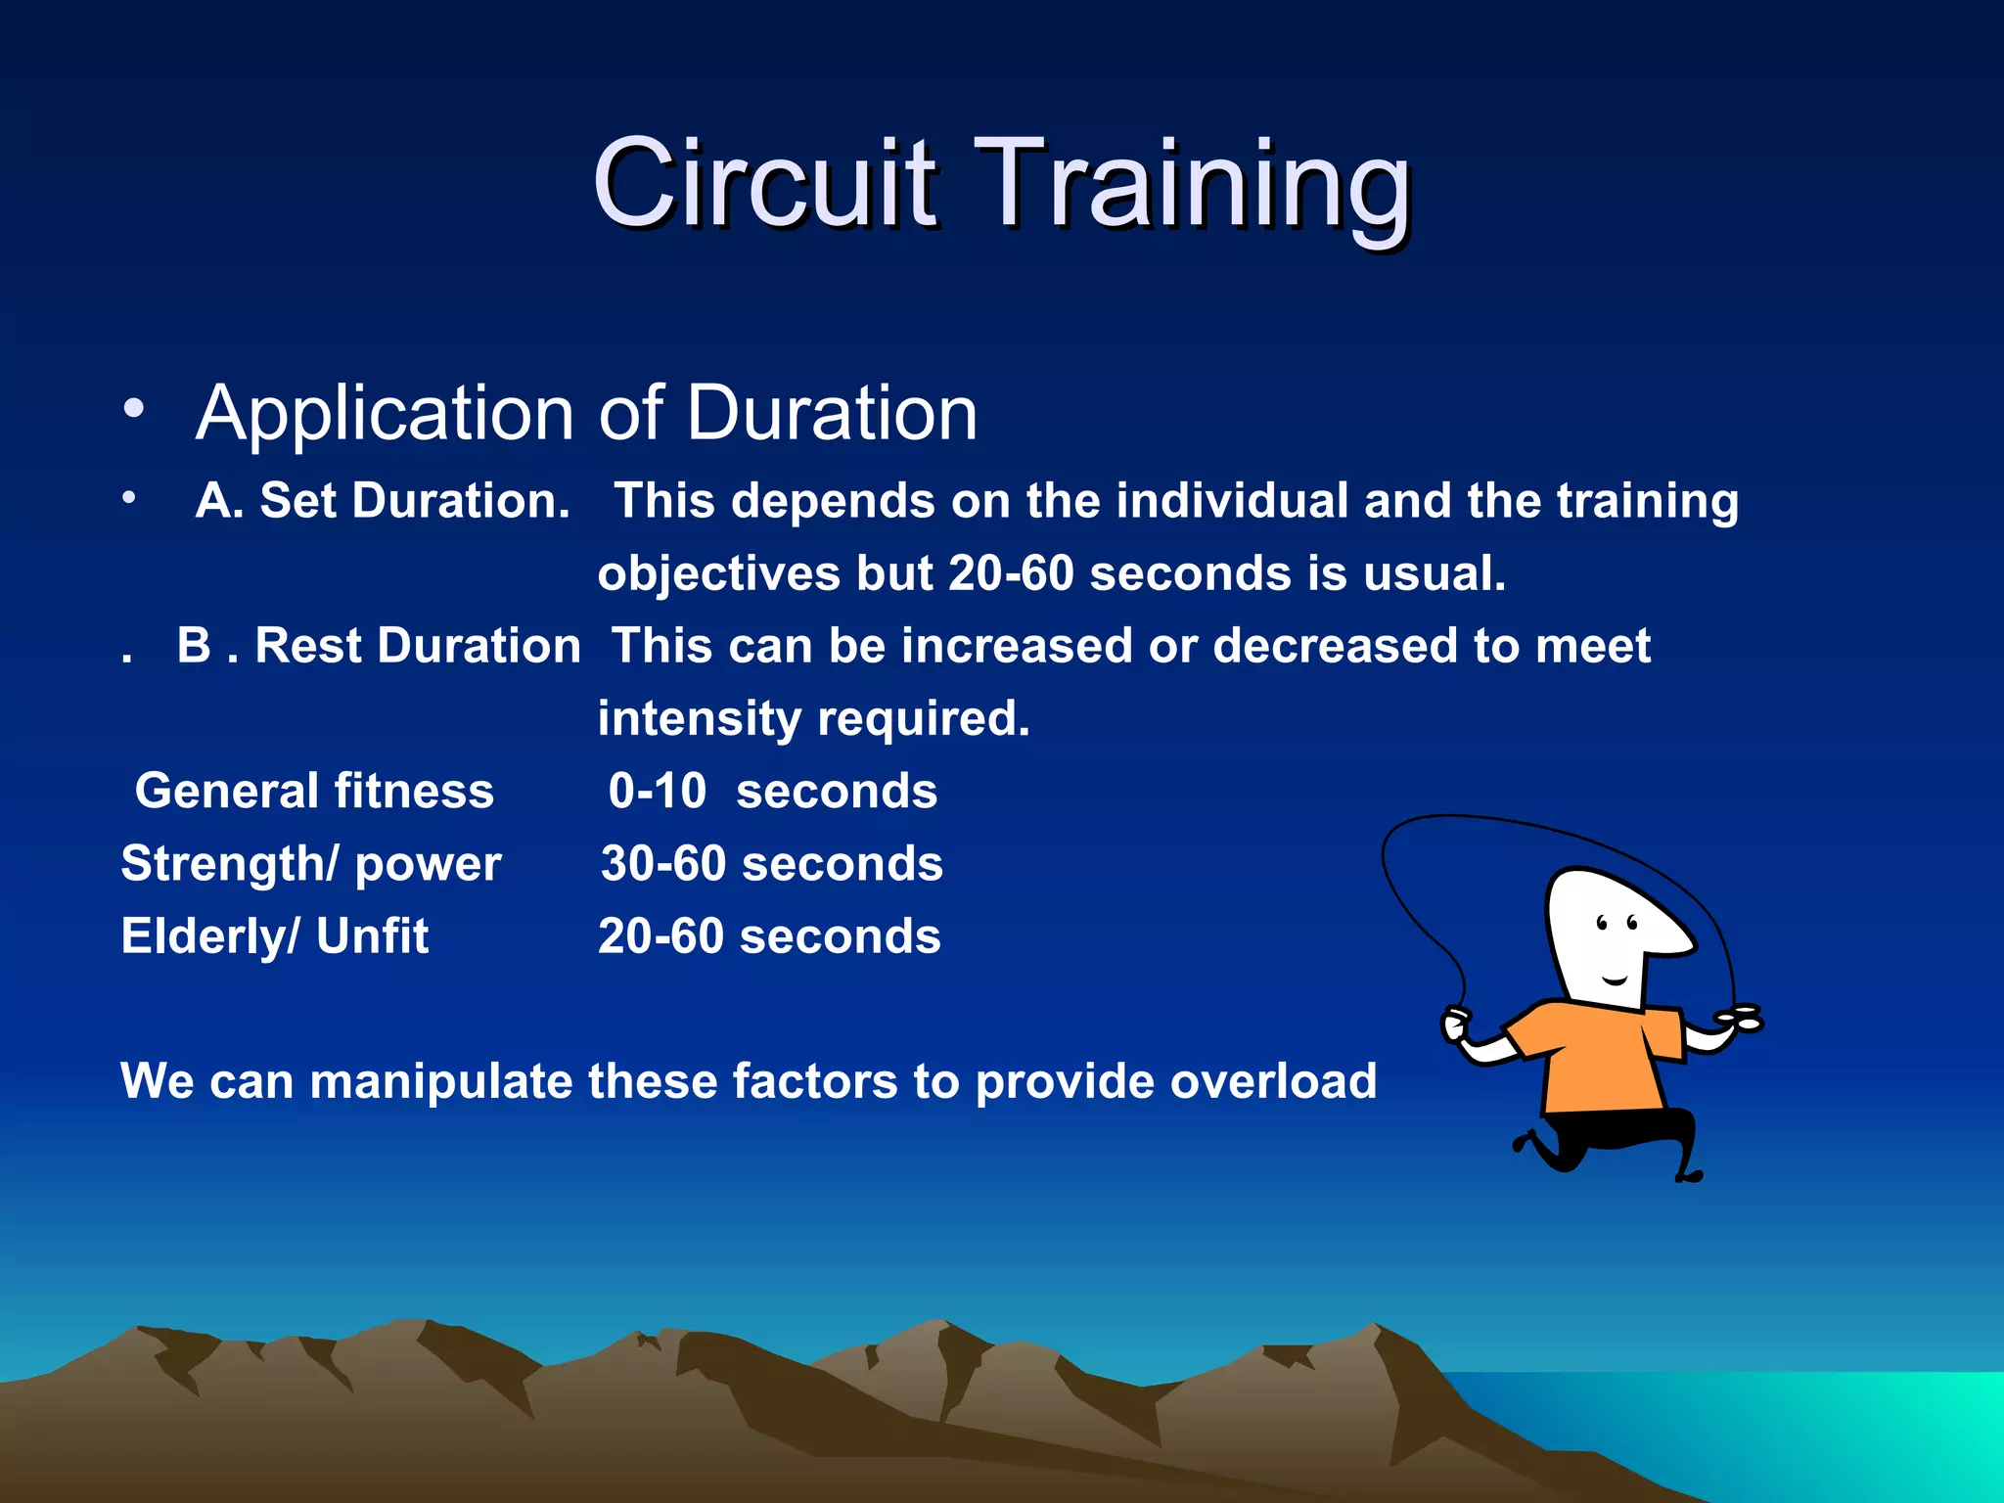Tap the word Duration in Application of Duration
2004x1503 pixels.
[x=831, y=413]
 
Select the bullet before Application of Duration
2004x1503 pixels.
[x=134, y=407]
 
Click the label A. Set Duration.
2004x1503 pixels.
[x=383, y=501]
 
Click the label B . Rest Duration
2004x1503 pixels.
[x=379, y=646]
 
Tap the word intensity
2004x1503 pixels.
[x=699, y=719]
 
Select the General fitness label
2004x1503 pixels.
[x=314, y=791]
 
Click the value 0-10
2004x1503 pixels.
[x=657, y=791]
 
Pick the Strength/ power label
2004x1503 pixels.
[x=310, y=863]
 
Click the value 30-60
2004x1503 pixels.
[x=662, y=863]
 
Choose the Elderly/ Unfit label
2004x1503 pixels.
[x=275, y=935]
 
